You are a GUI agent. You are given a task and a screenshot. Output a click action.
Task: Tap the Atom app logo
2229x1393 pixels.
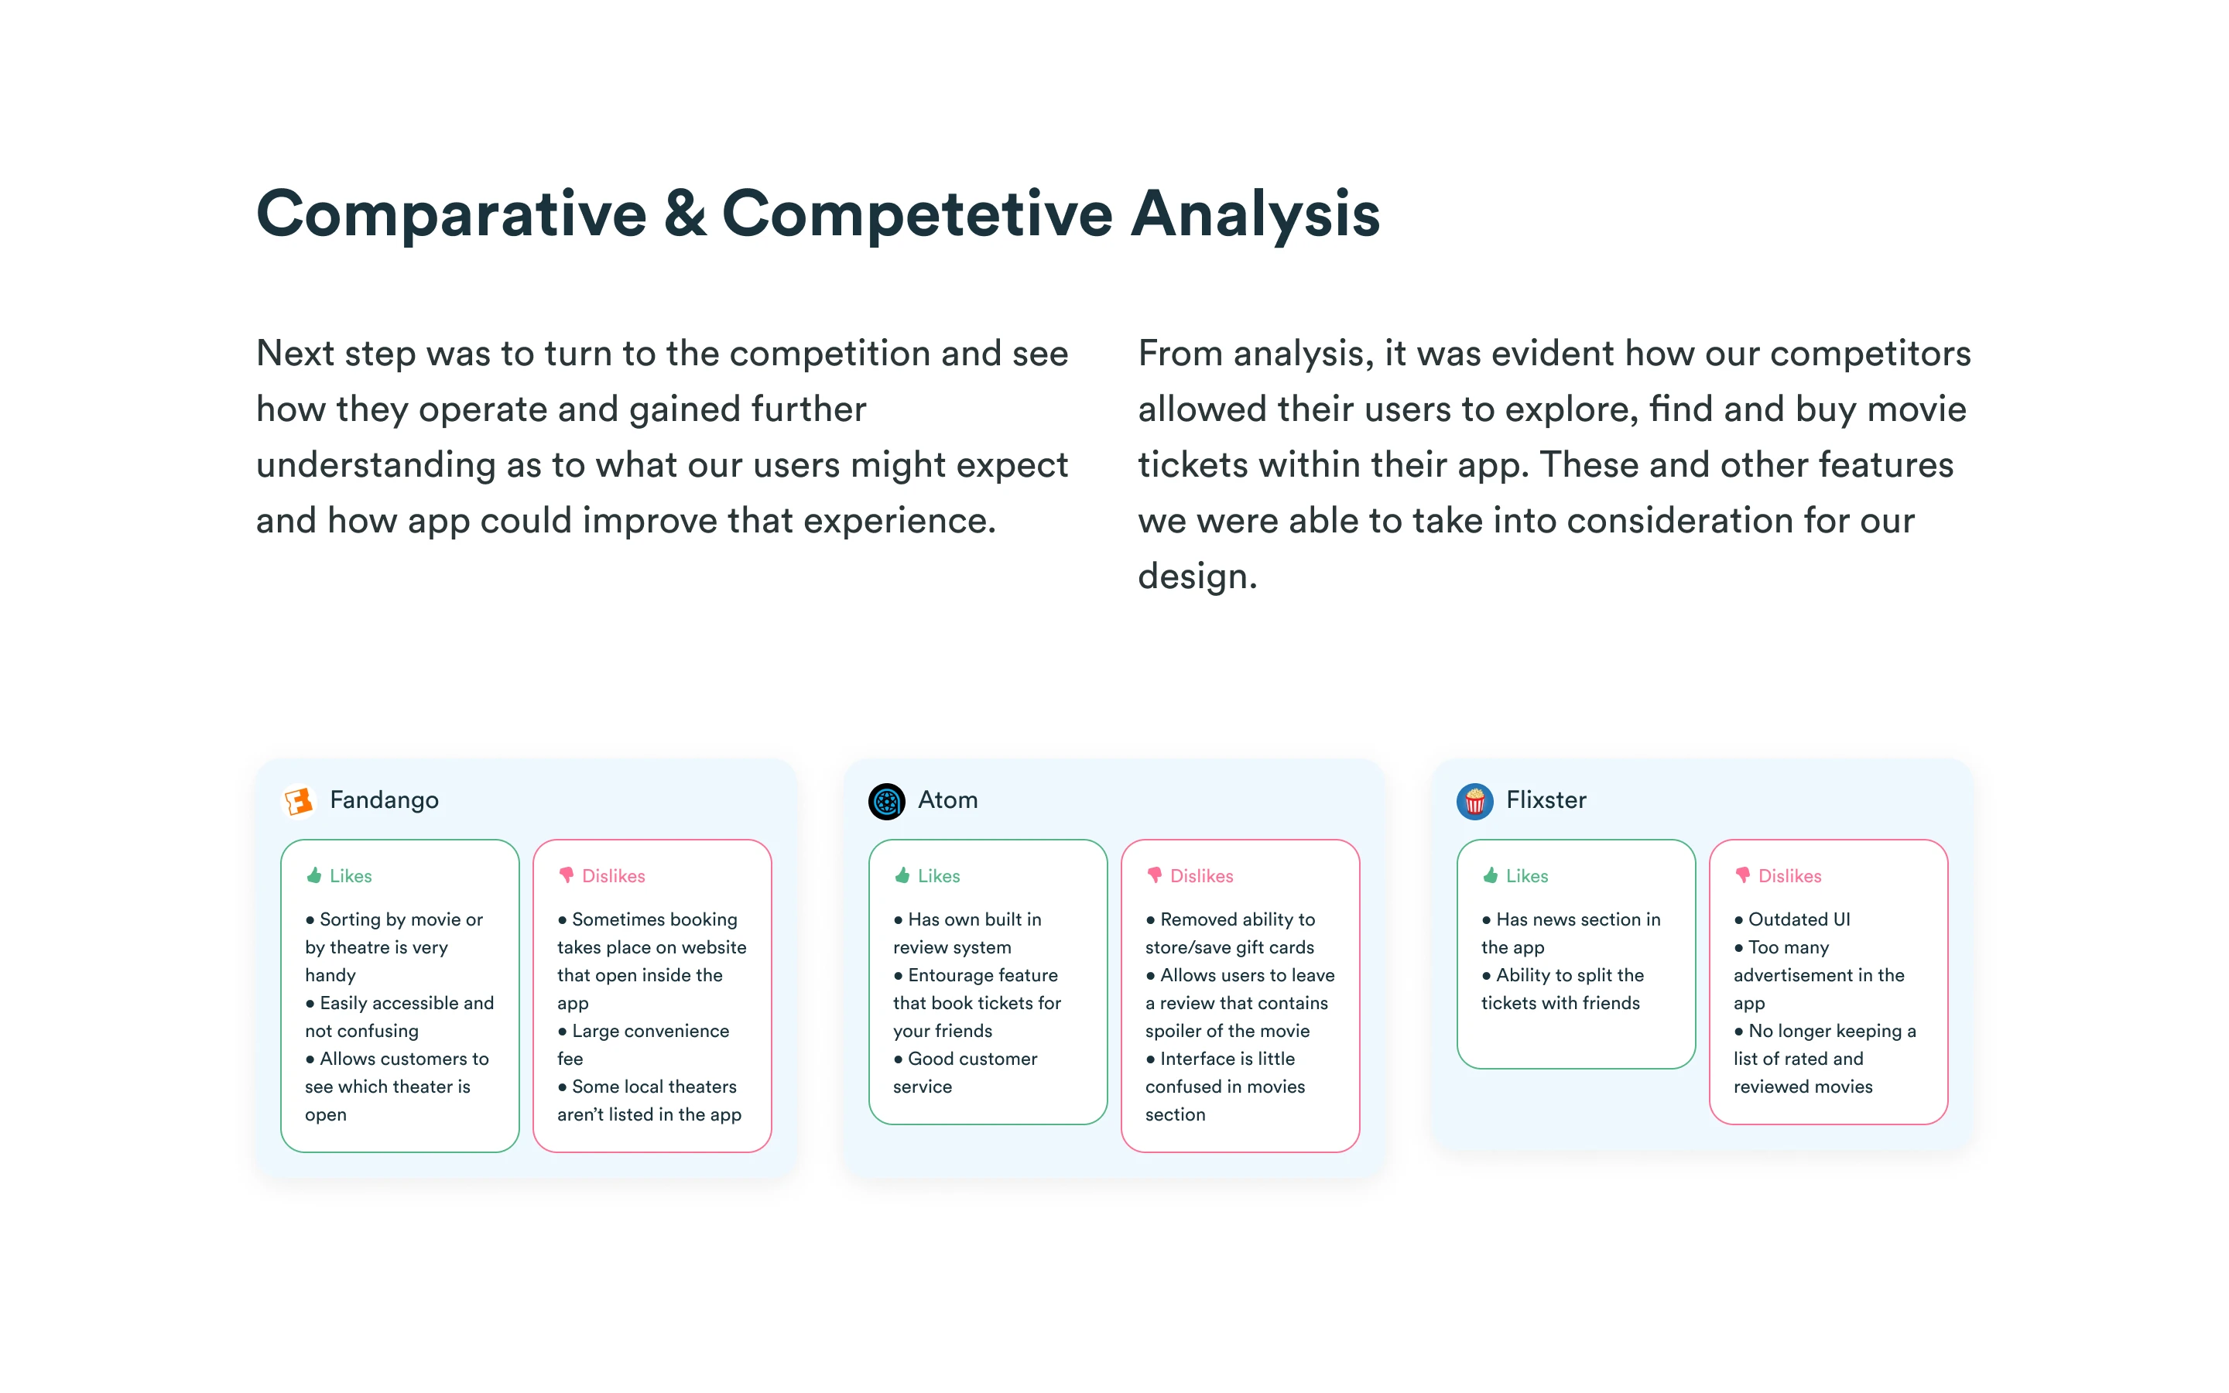(x=886, y=801)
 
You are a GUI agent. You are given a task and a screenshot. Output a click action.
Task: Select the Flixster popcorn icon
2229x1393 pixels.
(x=1474, y=801)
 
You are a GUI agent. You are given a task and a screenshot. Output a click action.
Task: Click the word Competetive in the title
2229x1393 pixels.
(x=917, y=214)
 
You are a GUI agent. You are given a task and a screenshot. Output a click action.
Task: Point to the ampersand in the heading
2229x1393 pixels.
(x=684, y=214)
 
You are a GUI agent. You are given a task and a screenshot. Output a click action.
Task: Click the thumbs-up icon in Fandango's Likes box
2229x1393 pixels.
(x=314, y=875)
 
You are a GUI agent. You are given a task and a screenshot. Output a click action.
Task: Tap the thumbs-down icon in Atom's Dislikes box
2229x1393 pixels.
(x=1154, y=875)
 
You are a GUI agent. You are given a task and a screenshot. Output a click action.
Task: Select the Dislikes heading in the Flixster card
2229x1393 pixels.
(x=1789, y=876)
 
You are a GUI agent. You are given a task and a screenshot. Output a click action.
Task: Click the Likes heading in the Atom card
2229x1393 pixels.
(x=939, y=876)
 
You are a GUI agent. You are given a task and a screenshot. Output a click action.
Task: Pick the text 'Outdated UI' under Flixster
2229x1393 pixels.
(x=1799, y=919)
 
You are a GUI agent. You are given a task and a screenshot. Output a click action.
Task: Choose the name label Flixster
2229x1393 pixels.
(x=1546, y=799)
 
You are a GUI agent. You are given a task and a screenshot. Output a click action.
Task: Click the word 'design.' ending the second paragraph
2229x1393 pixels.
(x=1197, y=577)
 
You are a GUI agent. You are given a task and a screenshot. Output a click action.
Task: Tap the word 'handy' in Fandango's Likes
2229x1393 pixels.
(x=330, y=976)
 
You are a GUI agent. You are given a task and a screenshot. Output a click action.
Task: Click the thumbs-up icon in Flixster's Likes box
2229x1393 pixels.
(x=1491, y=875)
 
